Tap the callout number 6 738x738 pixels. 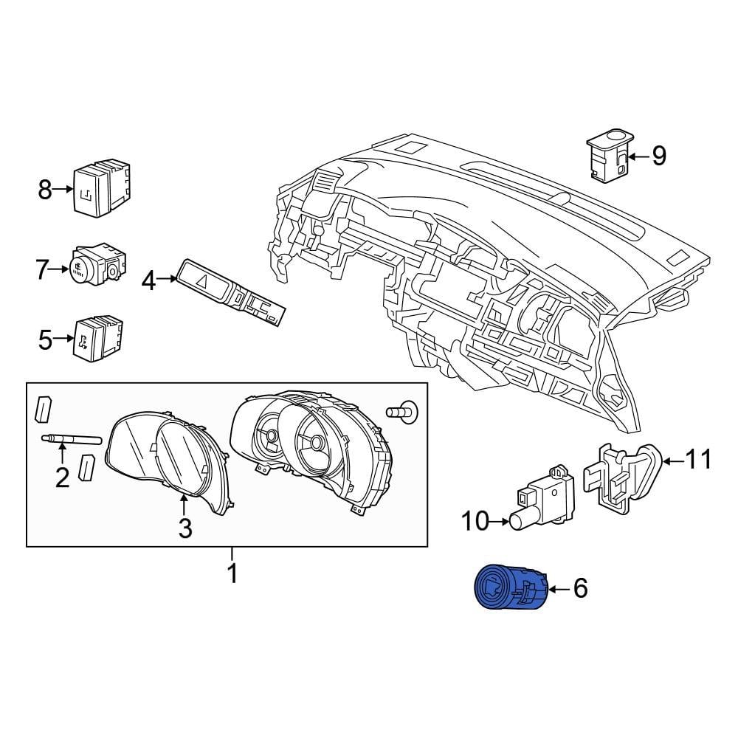(x=580, y=588)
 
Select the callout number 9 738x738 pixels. (x=658, y=156)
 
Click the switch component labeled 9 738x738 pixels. (x=608, y=155)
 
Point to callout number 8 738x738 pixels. (x=45, y=190)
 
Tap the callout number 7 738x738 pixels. (x=43, y=269)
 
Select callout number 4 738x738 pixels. (x=149, y=281)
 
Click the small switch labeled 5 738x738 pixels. (x=98, y=337)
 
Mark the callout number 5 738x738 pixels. (x=45, y=340)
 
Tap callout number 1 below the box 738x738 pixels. (x=232, y=573)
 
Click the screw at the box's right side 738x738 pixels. (x=401, y=410)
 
